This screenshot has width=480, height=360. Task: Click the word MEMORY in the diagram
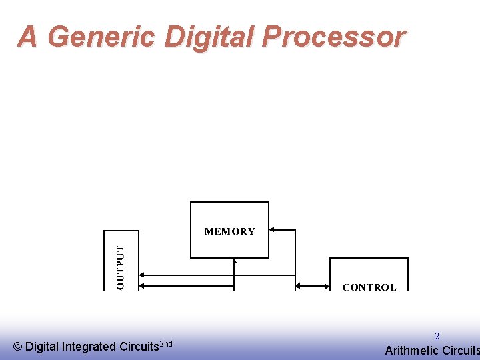coord(229,231)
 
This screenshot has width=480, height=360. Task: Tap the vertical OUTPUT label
coord(121,267)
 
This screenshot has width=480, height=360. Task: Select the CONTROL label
coord(369,287)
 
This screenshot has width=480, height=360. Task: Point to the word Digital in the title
coord(209,37)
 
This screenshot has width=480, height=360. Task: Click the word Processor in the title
coord(333,37)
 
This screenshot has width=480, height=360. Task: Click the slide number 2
coord(437,337)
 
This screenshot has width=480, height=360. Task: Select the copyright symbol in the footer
coord(17,347)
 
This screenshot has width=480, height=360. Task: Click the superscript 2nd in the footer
coord(166,343)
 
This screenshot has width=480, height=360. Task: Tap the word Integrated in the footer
coord(89,347)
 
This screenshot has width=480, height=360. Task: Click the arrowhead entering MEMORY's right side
coord(273,230)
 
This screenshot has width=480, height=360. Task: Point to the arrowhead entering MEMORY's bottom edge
coord(235,262)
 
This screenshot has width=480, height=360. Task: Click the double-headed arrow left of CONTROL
coord(312,286)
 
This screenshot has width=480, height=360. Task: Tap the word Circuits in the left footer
coord(139,347)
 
